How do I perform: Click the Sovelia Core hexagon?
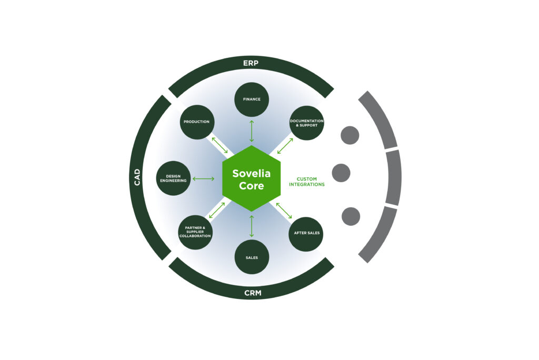(x=251, y=178)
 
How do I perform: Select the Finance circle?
(x=252, y=99)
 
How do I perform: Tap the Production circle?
(x=196, y=122)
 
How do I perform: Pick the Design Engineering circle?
(x=174, y=178)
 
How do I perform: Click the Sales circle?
(x=252, y=257)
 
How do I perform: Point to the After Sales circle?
(x=306, y=233)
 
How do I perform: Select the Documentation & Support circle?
(x=307, y=123)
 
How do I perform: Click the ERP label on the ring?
(x=251, y=63)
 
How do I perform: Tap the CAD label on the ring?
(x=137, y=177)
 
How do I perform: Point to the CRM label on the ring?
(x=251, y=293)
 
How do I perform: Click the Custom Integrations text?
(x=307, y=182)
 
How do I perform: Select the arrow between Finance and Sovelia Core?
(x=252, y=131)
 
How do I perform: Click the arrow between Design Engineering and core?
(x=203, y=179)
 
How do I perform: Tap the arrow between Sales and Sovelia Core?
(x=252, y=226)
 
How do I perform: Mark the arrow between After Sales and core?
(x=284, y=211)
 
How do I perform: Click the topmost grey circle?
(x=350, y=135)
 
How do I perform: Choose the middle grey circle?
(x=341, y=173)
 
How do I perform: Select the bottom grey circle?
(x=351, y=216)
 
